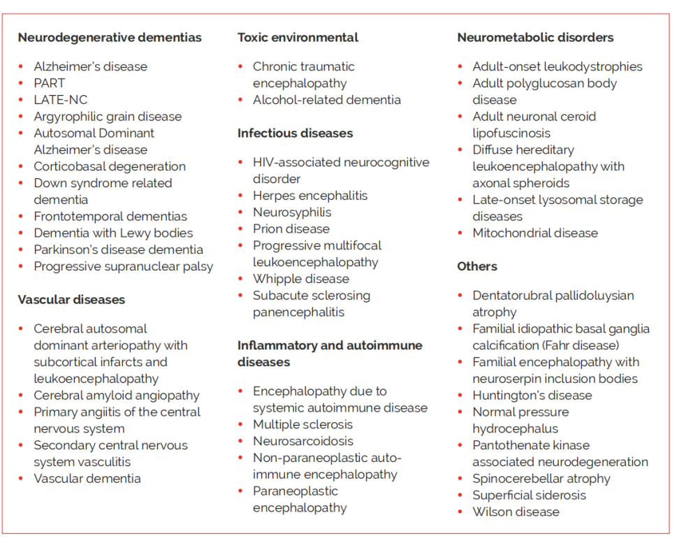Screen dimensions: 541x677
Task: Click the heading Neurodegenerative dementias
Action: coord(110,38)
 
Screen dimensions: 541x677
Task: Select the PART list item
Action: coord(49,83)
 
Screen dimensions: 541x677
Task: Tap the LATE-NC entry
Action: coord(61,100)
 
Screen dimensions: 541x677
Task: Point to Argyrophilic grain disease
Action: coord(108,117)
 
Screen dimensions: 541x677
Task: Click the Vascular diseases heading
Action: coord(71,300)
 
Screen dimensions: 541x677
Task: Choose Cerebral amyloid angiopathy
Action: coord(117,396)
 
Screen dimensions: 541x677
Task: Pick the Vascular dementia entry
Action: coord(87,479)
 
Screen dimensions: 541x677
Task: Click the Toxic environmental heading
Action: coord(298,38)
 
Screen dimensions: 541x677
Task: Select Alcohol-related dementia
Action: coord(327,100)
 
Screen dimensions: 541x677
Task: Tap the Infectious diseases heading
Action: coord(295,134)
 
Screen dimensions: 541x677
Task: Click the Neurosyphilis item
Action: coord(292,212)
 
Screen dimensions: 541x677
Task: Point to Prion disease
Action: coord(291,229)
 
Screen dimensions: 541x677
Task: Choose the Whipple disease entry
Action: coord(301,279)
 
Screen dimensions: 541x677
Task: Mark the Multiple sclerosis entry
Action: coord(303,425)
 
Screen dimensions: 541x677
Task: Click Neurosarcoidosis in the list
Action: coord(303,442)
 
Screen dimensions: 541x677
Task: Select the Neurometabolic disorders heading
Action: coord(535,38)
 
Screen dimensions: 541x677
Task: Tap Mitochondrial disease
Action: coord(535,233)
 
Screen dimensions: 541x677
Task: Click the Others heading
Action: coord(477,267)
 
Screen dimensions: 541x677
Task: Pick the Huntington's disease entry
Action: coord(532,396)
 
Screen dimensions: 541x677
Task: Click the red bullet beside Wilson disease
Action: coord(460,512)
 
